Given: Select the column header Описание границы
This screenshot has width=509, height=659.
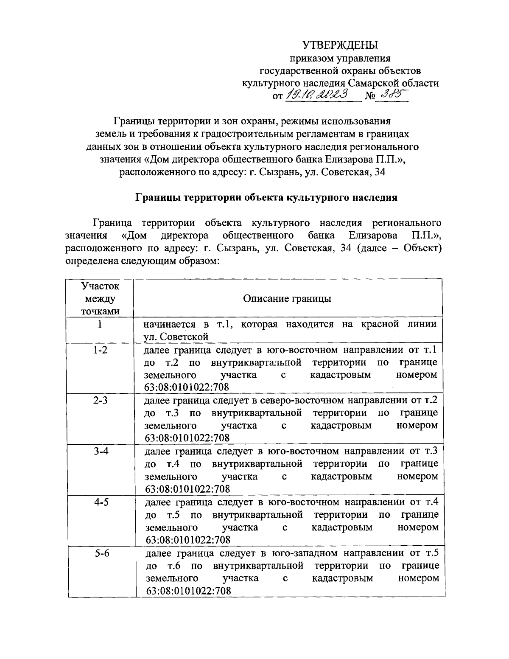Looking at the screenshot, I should (x=287, y=298).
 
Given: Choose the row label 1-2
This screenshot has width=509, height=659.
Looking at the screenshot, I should (x=100, y=350).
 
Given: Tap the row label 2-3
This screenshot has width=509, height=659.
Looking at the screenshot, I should (x=101, y=401).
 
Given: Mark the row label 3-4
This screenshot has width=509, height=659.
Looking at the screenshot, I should (x=101, y=451).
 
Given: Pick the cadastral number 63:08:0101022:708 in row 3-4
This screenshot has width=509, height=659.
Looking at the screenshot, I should (x=187, y=489).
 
